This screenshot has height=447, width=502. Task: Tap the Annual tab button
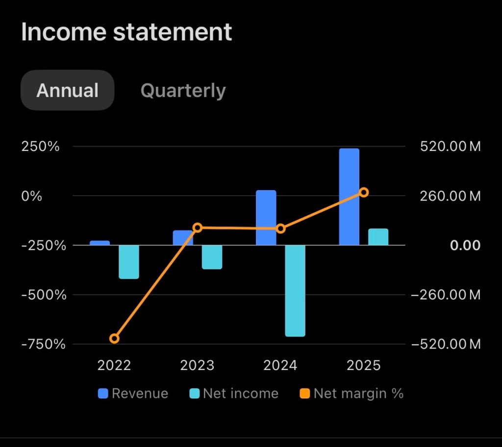pos(67,90)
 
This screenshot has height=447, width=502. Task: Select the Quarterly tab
pos(183,91)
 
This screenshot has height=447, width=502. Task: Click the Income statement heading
pos(126,32)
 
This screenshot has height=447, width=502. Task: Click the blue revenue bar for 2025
pos(349,197)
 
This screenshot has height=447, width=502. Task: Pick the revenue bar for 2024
pos(266,218)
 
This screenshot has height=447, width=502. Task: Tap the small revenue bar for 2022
pos(100,243)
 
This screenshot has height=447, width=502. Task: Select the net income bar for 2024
pos(295,291)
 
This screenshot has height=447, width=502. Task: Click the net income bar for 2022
pos(129,262)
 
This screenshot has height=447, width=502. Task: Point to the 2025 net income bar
pos(378,237)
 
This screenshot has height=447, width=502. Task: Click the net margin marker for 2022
pos(114,339)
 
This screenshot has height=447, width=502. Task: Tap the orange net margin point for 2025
pos(364,193)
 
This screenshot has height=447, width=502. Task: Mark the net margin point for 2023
pos(198,228)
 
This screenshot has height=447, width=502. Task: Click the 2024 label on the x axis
pos(280,365)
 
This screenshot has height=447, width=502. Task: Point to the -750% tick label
pos(44,345)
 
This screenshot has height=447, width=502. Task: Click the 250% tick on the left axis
pos(40,147)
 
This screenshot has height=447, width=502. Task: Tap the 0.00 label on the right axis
pos(465,246)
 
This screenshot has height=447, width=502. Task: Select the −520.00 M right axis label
pos(446,345)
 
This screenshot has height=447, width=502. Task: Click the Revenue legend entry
pos(133,394)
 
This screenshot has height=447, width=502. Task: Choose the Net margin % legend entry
pos(351,394)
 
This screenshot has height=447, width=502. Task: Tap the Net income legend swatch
pos(194,394)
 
